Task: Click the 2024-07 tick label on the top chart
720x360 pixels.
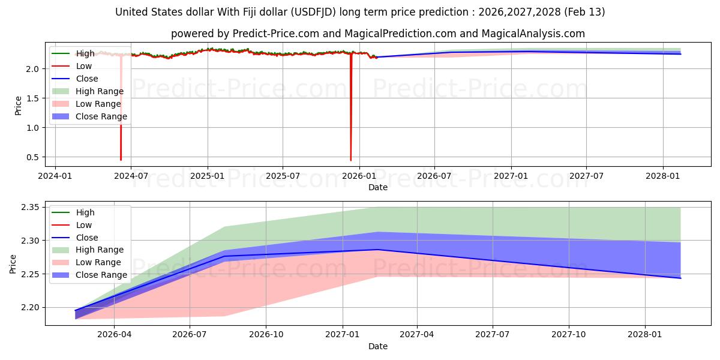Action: click(x=131, y=176)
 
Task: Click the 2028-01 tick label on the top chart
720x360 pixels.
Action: click(x=662, y=176)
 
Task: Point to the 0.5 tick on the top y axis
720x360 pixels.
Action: click(x=34, y=157)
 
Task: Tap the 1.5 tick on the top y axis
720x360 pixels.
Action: click(x=34, y=98)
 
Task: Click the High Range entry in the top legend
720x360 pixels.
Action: click(x=99, y=91)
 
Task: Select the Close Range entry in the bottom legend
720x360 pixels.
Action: click(x=101, y=275)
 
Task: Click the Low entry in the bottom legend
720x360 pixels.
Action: click(x=84, y=225)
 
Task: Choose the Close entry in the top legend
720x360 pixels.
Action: click(x=86, y=79)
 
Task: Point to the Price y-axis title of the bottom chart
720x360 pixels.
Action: click(x=13, y=263)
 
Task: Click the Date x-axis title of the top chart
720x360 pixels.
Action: click(x=378, y=187)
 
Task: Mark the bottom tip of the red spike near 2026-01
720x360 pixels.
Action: click(x=351, y=160)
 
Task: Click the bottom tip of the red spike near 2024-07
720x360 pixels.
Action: click(x=121, y=160)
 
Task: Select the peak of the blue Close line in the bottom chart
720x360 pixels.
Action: click(x=377, y=250)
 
